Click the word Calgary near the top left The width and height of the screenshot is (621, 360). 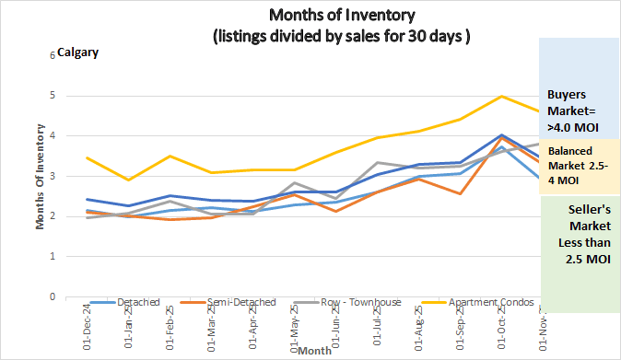tap(78, 52)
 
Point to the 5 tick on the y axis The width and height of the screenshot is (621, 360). tap(53, 96)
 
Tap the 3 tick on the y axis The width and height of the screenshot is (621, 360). tap(53, 177)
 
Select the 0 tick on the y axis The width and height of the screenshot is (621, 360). tap(53, 297)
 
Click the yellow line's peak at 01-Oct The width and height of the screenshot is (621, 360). tap(501, 96)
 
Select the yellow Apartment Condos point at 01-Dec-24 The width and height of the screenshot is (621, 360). tap(87, 157)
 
